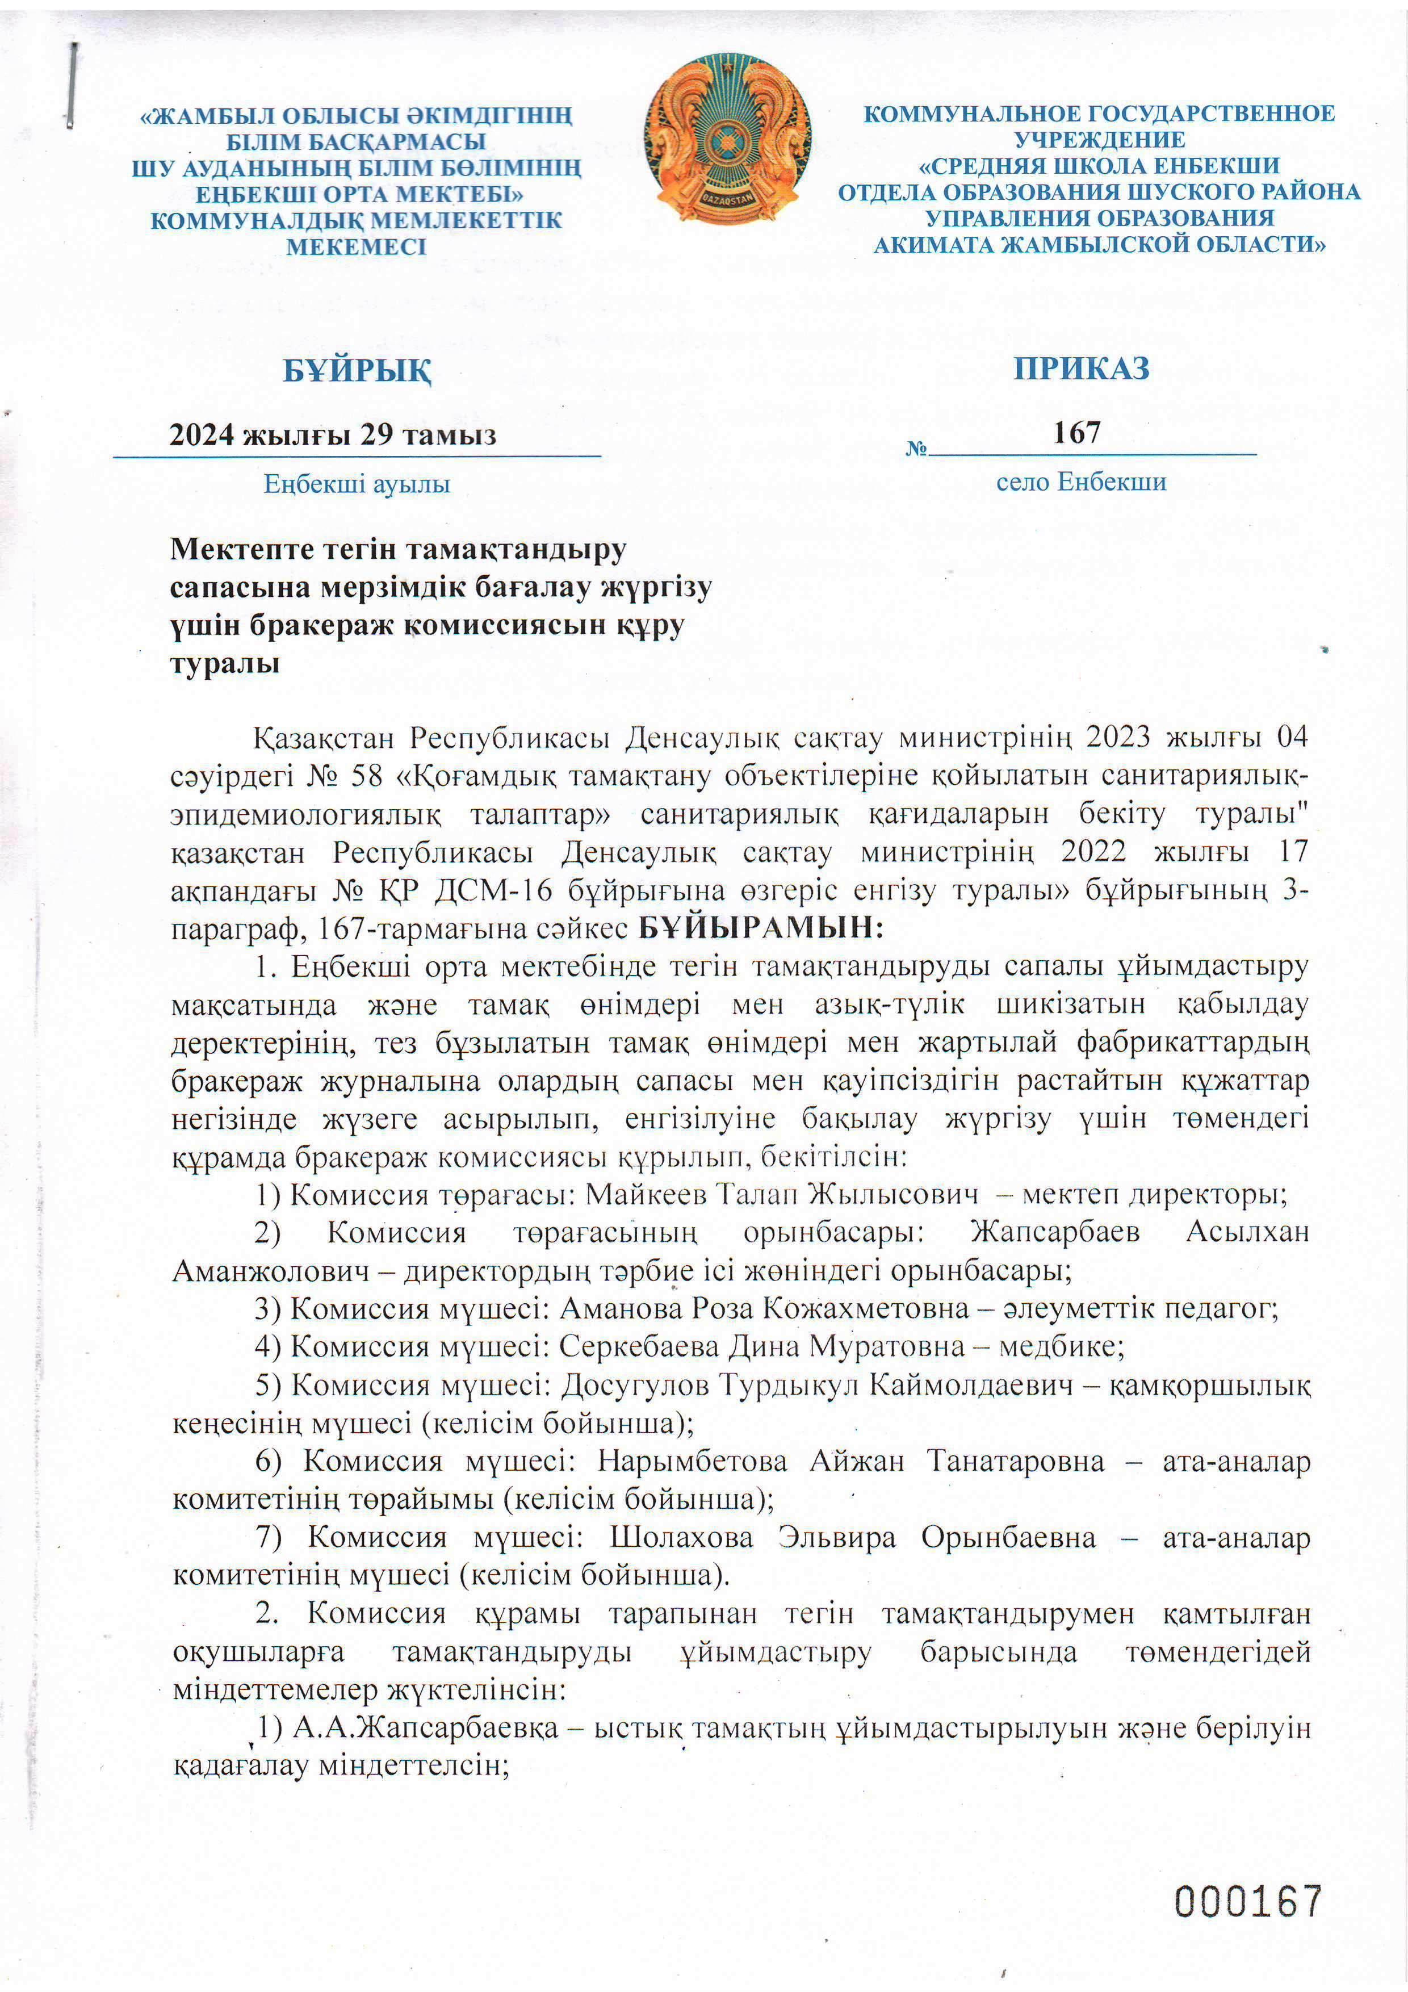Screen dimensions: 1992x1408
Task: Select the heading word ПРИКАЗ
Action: (x=1081, y=368)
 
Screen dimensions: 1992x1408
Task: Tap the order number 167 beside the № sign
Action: (x=1076, y=432)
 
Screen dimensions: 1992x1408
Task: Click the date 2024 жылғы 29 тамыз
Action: (x=332, y=434)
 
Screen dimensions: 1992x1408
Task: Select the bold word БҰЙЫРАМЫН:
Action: (x=761, y=927)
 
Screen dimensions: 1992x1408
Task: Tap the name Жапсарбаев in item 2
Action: (x=1054, y=1232)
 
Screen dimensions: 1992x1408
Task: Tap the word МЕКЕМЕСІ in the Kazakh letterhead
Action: (x=357, y=246)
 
